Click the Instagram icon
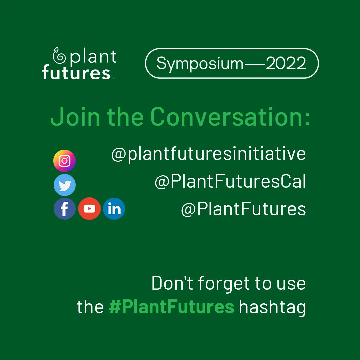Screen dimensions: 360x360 [x=64, y=161]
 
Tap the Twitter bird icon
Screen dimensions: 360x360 [x=64, y=185]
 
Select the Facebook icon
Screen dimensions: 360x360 [x=64, y=209]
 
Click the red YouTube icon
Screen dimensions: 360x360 [x=89, y=209]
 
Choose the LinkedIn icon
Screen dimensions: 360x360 [x=114, y=209]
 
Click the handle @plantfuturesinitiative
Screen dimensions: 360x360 [x=208, y=154]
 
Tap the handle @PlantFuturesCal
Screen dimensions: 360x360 [x=230, y=182]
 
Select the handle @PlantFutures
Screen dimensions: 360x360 [x=243, y=209]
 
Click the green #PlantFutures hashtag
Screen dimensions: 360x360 [x=172, y=307]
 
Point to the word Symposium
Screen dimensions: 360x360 [x=200, y=63]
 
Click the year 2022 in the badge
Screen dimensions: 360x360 [x=286, y=63]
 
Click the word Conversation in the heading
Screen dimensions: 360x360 [x=230, y=116]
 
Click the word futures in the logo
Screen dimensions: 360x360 [x=76, y=72]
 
